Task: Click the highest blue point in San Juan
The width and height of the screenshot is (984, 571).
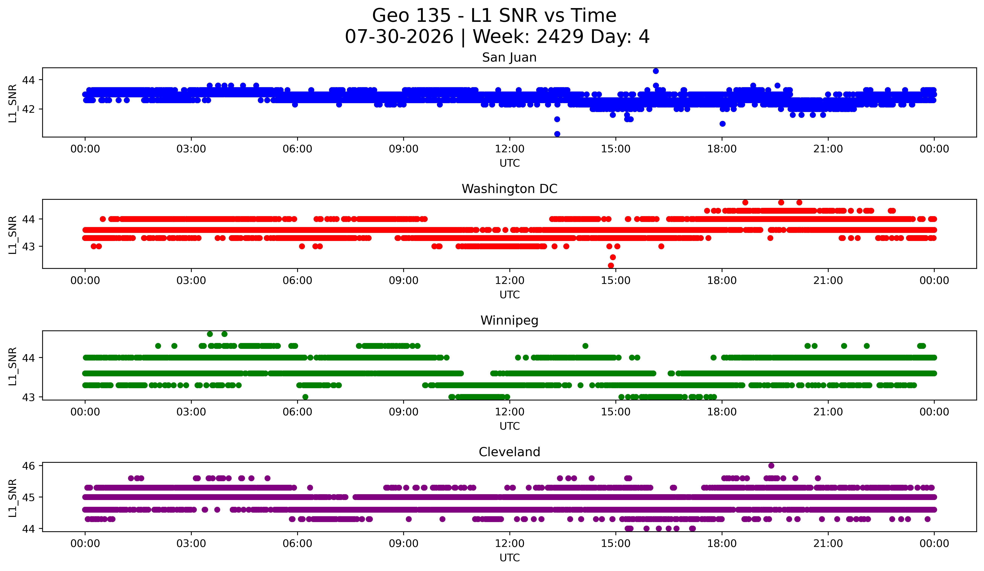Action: pos(656,71)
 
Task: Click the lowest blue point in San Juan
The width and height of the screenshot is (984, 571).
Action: pos(557,134)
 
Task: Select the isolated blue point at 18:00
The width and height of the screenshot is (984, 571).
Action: pos(722,124)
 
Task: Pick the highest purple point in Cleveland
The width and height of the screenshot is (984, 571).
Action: pos(771,466)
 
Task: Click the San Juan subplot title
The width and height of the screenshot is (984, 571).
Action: pos(509,57)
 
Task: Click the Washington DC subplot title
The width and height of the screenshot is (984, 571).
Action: pos(509,189)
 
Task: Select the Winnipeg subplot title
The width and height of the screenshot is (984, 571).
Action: pos(509,320)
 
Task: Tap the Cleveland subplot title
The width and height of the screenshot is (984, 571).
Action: pos(509,452)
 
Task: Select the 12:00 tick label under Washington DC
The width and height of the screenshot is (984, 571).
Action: pos(510,280)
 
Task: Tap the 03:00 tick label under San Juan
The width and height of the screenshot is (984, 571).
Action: pos(191,149)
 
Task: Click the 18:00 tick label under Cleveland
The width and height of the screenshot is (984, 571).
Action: pos(722,543)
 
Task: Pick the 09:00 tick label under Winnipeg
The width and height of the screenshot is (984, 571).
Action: pos(403,412)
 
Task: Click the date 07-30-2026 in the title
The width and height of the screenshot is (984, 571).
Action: pos(399,37)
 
